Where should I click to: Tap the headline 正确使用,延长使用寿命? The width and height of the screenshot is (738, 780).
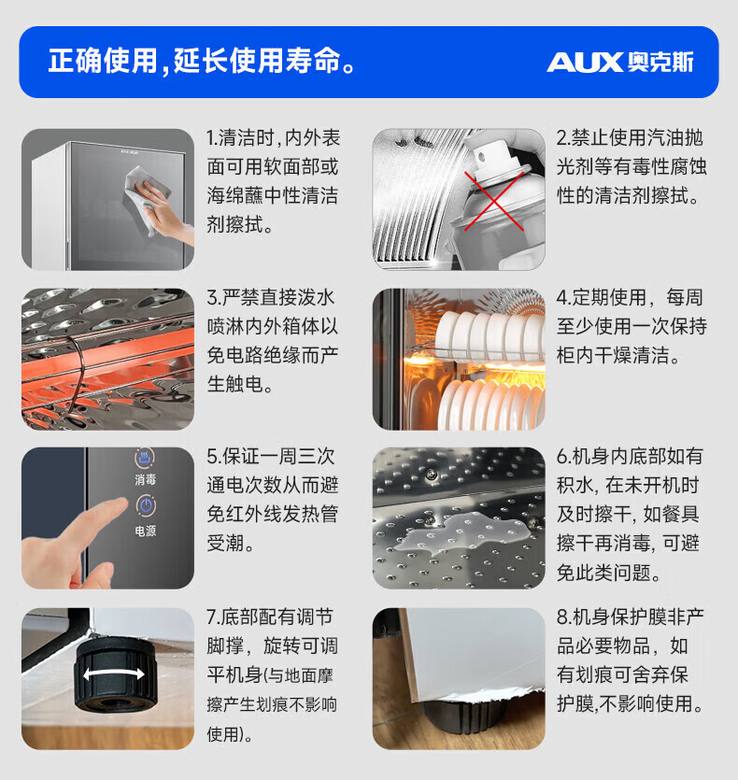[202, 62]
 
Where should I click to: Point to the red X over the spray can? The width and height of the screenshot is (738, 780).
[493, 200]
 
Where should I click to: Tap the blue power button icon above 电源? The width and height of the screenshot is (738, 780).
[146, 506]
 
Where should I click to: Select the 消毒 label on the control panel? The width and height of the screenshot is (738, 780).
[146, 479]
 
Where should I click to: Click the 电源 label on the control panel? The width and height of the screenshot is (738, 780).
[146, 532]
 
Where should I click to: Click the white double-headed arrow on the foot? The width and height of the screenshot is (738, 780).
[114, 674]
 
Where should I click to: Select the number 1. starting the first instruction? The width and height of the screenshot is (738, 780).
[212, 138]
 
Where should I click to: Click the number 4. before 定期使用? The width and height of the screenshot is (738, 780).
[562, 298]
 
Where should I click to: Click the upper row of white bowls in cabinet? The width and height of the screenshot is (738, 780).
[488, 333]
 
